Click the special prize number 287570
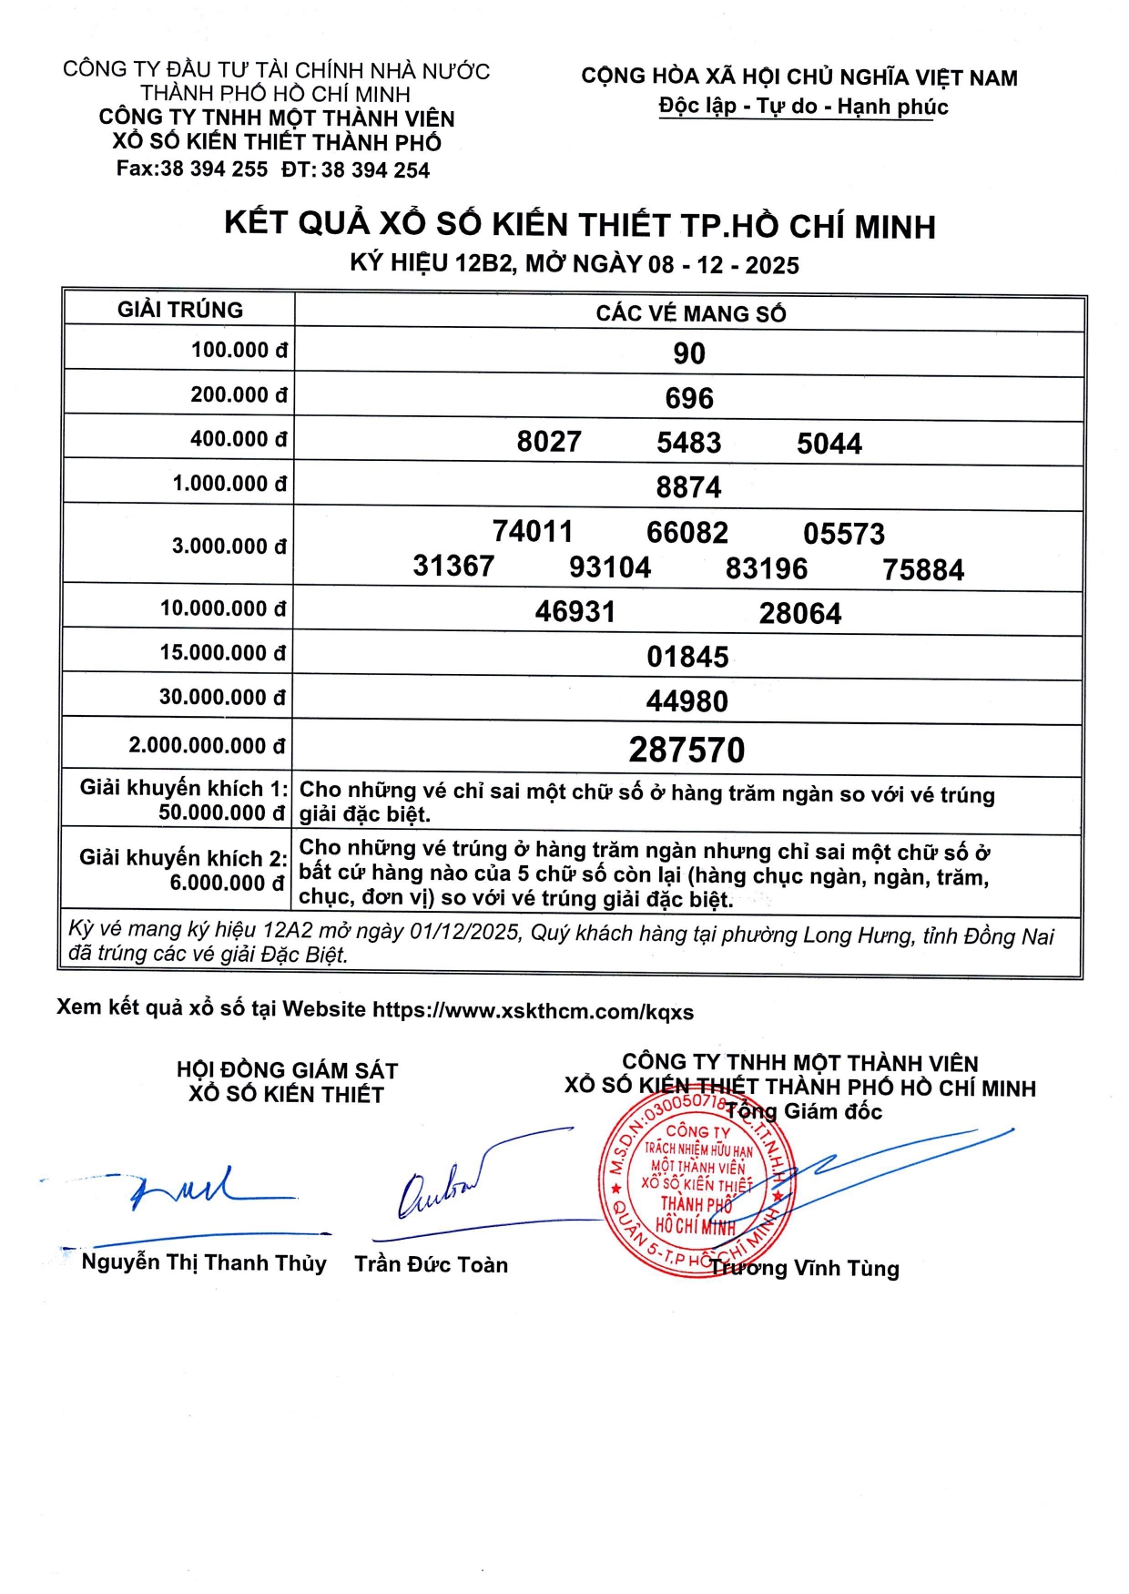click(x=687, y=751)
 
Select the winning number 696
click(x=689, y=398)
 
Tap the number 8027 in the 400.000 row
click(x=549, y=442)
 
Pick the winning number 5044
click(x=829, y=444)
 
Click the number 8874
click(x=688, y=487)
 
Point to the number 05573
click(x=844, y=534)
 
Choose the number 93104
click(x=610, y=567)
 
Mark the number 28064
click(x=800, y=613)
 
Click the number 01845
click(x=687, y=657)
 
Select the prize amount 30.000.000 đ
click(x=222, y=698)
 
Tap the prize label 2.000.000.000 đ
click(x=207, y=746)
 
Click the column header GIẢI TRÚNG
click(x=180, y=310)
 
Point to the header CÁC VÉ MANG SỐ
click(x=691, y=313)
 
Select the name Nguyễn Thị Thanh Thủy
click(x=204, y=1262)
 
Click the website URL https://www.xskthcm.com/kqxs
click(x=534, y=1011)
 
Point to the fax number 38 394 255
click(x=214, y=169)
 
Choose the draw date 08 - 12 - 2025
click(x=724, y=265)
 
